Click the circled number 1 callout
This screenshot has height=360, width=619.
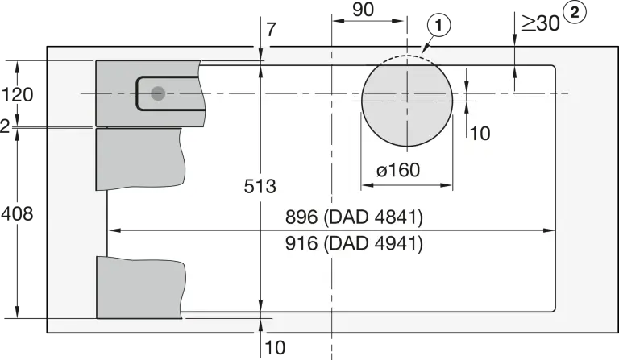click(438, 25)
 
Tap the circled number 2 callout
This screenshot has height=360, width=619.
click(575, 12)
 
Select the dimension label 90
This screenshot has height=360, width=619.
click(364, 10)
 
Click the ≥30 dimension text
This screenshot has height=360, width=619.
click(541, 23)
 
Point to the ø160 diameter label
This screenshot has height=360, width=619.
click(398, 171)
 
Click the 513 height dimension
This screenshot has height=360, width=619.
click(260, 186)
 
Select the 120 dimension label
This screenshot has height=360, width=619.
click(18, 95)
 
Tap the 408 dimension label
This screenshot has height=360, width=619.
click(17, 213)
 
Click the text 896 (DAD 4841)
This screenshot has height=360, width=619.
click(354, 217)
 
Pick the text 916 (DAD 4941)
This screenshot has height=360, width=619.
click(354, 243)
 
